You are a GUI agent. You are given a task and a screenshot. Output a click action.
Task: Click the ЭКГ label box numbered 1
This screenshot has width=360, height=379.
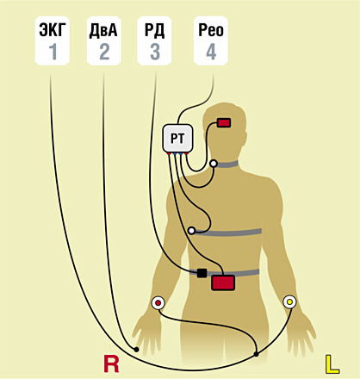(53, 40)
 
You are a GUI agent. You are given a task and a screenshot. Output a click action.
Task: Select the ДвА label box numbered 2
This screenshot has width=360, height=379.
(103, 40)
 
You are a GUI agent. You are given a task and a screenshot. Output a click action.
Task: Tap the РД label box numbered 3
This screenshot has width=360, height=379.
(154, 40)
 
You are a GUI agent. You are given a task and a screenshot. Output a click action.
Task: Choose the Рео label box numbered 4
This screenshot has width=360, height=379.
(211, 40)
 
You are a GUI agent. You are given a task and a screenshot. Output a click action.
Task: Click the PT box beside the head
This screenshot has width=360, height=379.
(177, 139)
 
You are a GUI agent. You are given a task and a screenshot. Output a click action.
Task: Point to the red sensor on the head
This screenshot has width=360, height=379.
(224, 123)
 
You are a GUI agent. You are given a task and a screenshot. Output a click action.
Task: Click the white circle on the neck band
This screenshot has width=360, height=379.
(214, 164)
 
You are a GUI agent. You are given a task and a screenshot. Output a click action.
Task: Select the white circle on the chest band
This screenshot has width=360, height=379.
(191, 231)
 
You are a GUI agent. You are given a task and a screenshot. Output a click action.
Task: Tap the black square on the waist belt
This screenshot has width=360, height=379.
(202, 273)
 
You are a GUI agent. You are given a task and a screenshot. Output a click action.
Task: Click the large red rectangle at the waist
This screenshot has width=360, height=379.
(223, 283)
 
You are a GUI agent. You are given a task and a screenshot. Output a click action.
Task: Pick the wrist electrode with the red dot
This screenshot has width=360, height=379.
(158, 303)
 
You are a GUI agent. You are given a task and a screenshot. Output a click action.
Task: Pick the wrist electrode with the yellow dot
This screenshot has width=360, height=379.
(289, 302)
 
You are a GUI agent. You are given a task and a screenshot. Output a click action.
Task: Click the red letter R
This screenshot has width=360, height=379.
(111, 364)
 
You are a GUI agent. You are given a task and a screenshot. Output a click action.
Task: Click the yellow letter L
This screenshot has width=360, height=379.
(332, 364)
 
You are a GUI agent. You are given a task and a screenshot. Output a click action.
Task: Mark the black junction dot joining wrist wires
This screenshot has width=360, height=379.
(256, 354)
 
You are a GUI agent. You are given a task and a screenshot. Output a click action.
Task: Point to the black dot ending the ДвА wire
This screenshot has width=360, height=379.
(137, 350)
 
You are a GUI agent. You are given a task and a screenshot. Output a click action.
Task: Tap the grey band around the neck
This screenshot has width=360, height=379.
(227, 165)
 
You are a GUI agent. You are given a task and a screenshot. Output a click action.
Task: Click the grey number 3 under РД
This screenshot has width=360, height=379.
(155, 52)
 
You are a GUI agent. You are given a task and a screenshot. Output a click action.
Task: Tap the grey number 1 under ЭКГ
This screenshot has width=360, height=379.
(53, 52)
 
